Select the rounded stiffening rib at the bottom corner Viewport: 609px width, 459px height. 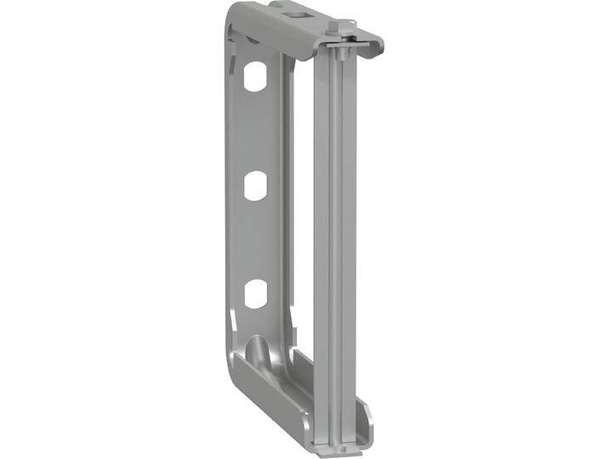coord(257,350)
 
